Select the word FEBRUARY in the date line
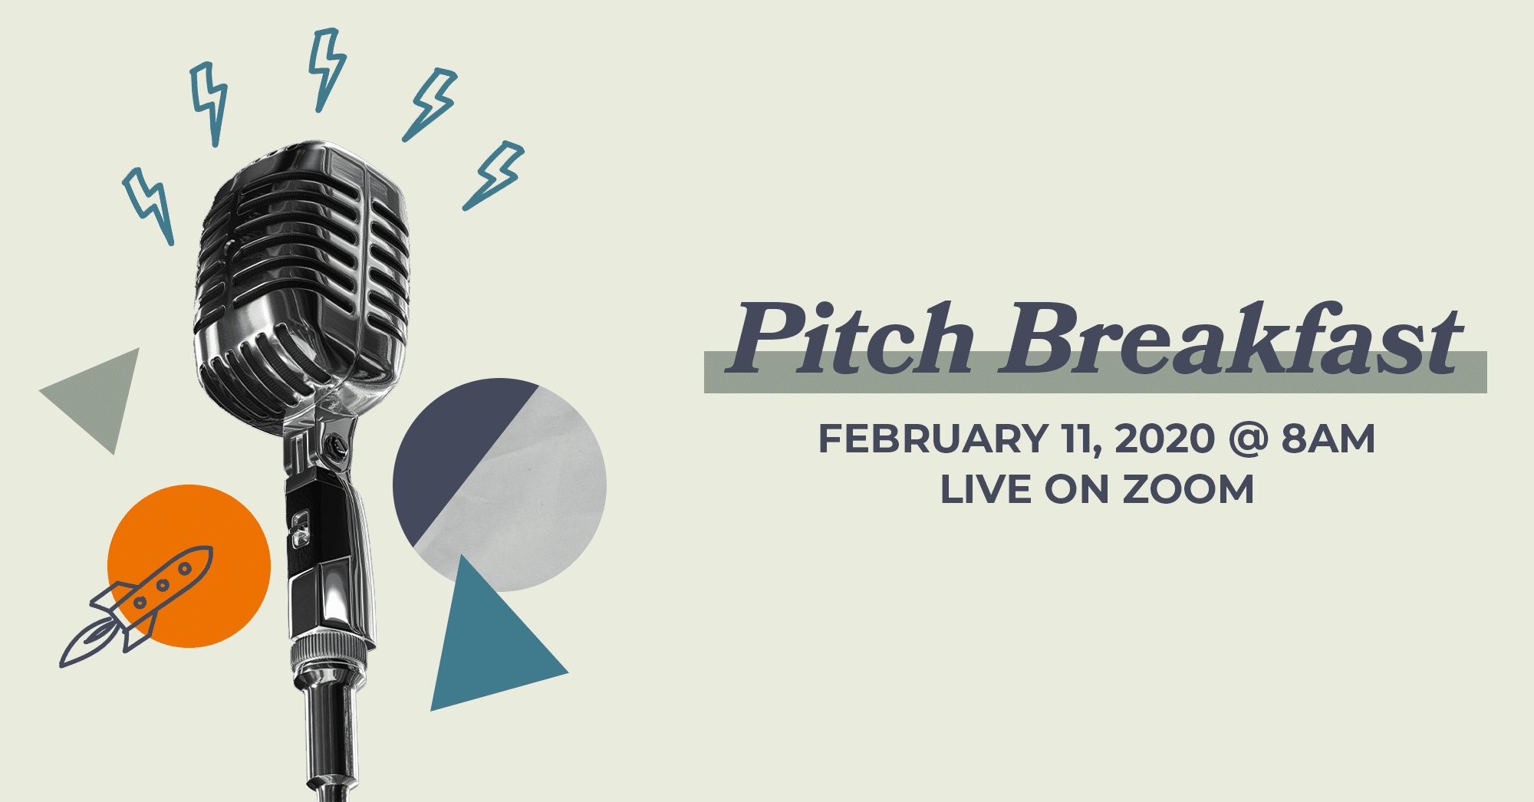click(933, 439)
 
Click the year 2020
click(1164, 439)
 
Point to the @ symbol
click(1248, 440)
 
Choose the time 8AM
click(1328, 439)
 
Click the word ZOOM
click(1188, 489)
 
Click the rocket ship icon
click(137, 606)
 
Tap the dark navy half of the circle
click(453, 452)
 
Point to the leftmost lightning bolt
click(149, 205)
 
